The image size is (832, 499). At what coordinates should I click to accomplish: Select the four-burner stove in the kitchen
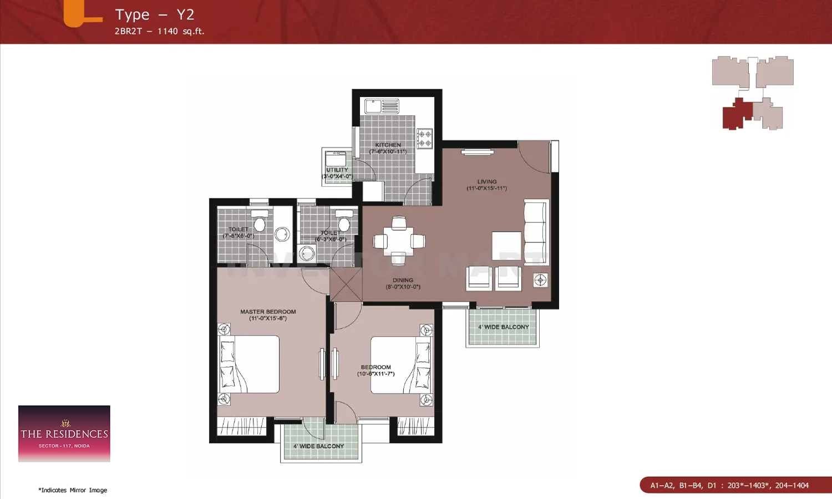click(424, 139)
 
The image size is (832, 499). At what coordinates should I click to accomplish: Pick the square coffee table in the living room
click(506, 246)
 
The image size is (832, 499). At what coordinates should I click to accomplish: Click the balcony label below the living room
click(503, 327)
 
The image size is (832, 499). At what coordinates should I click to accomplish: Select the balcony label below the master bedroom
click(319, 446)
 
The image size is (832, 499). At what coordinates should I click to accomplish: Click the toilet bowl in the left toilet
click(259, 221)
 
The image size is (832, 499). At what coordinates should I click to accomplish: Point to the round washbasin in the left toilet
click(282, 234)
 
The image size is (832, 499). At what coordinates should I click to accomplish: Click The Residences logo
click(64, 434)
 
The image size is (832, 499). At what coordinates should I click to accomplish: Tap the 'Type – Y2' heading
click(154, 15)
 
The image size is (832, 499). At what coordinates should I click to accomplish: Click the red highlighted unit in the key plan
click(736, 115)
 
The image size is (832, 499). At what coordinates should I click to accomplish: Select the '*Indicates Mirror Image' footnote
click(73, 490)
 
